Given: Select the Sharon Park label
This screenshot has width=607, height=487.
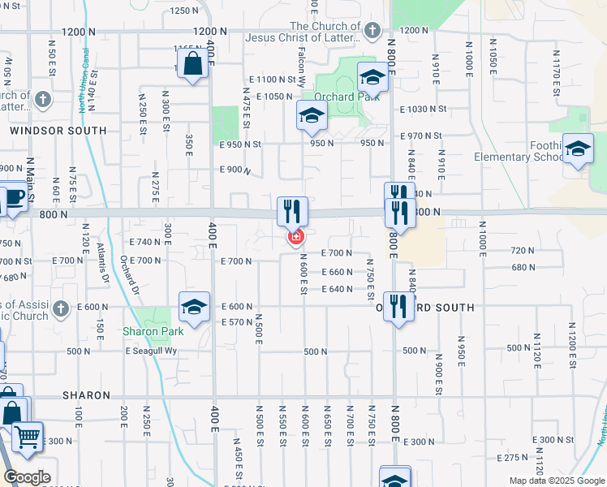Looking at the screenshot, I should (153, 331).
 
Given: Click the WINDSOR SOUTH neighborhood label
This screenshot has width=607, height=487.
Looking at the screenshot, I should (58, 130).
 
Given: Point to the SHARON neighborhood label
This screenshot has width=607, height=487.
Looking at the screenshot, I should (87, 395).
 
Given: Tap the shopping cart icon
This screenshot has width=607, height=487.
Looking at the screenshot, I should (27, 437).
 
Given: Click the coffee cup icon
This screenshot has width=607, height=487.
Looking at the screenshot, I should (14, 197).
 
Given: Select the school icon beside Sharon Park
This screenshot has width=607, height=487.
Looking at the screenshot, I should (194, 307).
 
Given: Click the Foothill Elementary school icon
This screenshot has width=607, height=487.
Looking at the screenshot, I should (578, 149).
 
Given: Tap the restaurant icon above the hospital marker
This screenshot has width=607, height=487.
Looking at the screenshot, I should (292, 212).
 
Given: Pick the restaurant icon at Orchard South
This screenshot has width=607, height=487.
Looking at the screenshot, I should (398, 307).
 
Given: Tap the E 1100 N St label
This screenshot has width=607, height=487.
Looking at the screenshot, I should (279, 80).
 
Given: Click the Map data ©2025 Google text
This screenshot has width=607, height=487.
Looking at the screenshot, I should (556, 481).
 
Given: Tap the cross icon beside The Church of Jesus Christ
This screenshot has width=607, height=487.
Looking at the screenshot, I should (372, 32).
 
